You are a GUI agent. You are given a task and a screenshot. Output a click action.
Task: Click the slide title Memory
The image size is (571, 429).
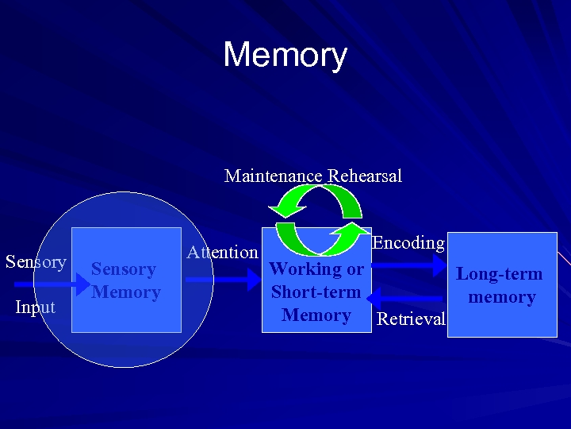(x=285, y=56)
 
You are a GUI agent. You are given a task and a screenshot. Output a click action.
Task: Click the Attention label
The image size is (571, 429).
(x=222, y=253)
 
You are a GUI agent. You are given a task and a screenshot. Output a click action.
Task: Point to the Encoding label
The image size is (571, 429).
(x=408, y=243)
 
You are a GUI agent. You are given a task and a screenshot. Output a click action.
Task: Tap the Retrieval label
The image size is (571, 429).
(x=411, y=319)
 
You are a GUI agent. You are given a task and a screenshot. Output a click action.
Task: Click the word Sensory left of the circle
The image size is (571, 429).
(x=36, y=262)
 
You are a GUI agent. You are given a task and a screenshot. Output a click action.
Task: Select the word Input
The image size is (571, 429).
(x=36, y=307)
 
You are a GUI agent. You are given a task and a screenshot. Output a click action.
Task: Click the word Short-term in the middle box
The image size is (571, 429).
(x=316, y=292)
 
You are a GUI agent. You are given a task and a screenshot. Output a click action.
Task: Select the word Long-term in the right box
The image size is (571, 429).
(x=500, y=275)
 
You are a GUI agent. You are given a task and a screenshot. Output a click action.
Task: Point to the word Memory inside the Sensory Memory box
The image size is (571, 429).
(x=126, y=292)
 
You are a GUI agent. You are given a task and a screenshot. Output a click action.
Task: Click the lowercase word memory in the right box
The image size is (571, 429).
(x=502, y=298)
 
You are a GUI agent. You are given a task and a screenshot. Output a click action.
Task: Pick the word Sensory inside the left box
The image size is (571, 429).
(x=123, y=269)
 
